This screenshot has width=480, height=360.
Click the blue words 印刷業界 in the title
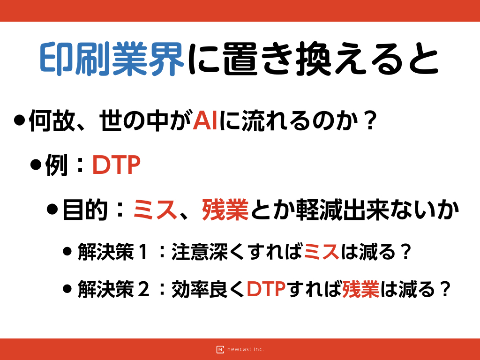coord(112,59)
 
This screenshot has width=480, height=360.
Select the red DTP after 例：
coord(116,165)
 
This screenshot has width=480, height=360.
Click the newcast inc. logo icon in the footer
coord(220,349)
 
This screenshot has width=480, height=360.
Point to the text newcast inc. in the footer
coord(246,349)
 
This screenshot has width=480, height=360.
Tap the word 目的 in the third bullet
coord(85,210)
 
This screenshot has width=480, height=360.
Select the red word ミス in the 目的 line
coord(155,210)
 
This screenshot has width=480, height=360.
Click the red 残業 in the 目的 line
coord(225,210)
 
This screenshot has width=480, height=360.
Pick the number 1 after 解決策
coord(143,252)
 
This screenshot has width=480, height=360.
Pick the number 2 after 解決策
coord(143,289)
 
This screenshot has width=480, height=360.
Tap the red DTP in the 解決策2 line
coord(266,289)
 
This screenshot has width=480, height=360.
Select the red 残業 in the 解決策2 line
coord(360,289)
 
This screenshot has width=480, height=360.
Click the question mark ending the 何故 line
coord(371,120)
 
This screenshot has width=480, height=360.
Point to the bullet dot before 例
coord(36,165)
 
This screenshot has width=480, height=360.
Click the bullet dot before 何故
coord(19,120)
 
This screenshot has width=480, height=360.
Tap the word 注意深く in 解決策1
coord(210,252)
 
